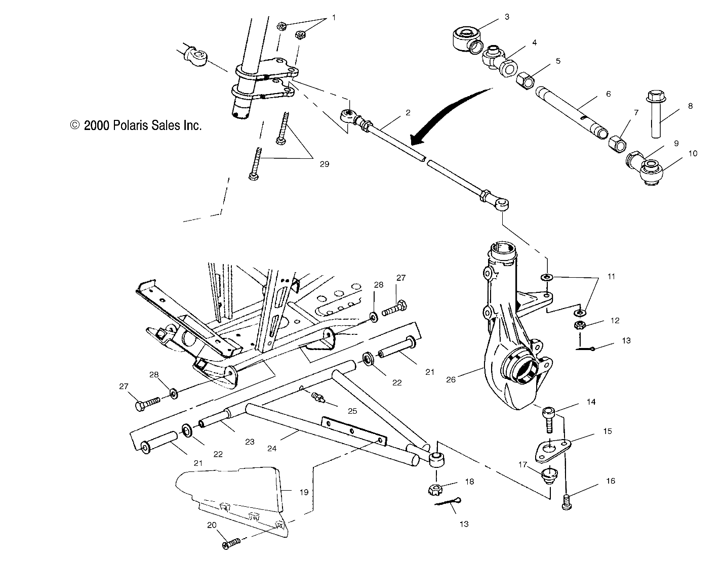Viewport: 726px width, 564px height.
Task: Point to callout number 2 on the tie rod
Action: point(408,112)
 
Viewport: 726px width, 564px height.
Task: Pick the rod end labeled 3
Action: point(464,39)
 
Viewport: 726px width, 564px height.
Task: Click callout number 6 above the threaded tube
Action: point(608,94)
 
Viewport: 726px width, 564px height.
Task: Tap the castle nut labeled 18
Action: point(436,489)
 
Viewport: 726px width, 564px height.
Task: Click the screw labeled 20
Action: point(231,544)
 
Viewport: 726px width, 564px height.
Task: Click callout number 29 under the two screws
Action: point(324,164)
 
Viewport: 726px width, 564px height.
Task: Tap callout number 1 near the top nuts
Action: point(333,17)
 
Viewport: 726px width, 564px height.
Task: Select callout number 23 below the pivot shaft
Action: point(250,441)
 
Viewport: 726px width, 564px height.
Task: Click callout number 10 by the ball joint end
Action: point(692,153)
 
